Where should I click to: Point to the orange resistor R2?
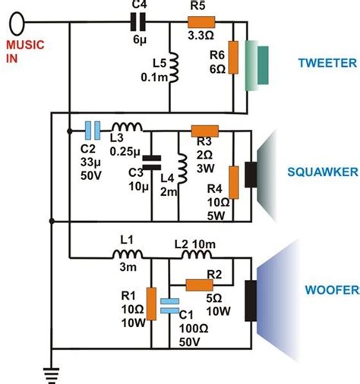click(x=200, y=285)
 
